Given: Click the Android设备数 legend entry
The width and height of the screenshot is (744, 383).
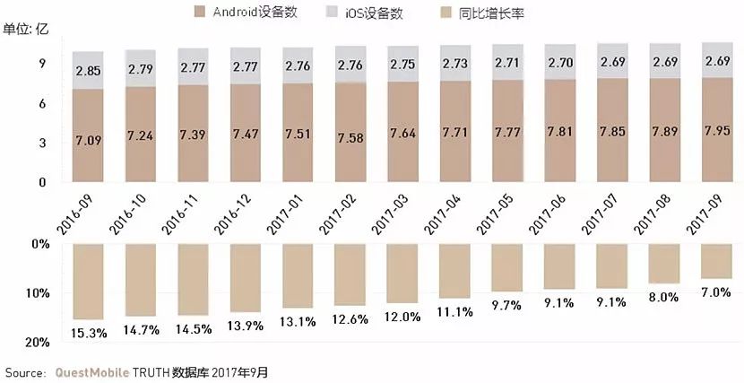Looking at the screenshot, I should pos(252,13).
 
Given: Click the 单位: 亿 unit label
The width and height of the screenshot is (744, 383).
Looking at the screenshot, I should pos(27,30).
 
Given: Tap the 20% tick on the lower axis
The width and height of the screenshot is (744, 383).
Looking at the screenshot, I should pos(37,342).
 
